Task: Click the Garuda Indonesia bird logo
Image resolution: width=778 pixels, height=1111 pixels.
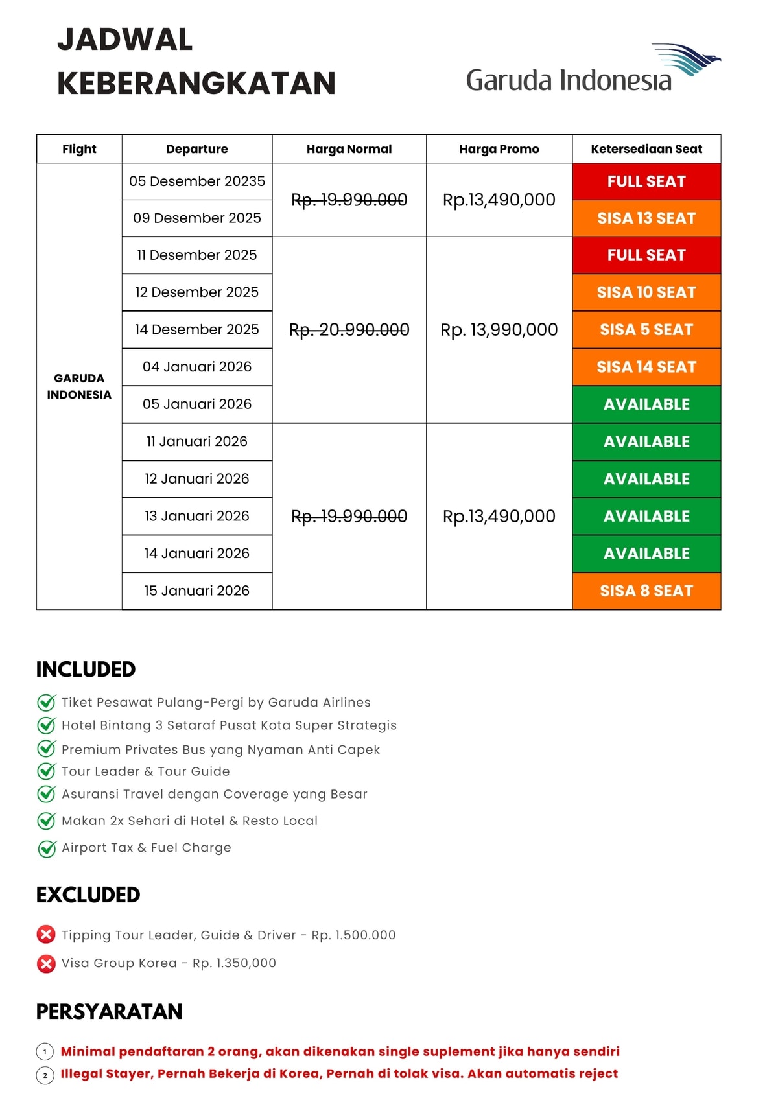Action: point(687,60)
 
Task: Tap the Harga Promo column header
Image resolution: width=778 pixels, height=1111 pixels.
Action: point(499,149)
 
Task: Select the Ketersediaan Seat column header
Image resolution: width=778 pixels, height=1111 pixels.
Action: point(646,149)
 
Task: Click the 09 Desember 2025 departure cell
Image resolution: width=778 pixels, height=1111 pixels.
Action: point(197,218)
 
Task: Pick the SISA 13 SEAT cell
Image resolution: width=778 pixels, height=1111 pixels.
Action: point(646,218)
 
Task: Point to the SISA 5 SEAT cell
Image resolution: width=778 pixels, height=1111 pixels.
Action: point(646,330)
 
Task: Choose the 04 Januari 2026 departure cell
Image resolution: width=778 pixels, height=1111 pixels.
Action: point(197,367)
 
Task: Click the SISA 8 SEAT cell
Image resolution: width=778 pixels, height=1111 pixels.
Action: point(646,591)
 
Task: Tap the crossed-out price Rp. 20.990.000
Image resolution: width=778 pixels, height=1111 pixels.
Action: point(349,330)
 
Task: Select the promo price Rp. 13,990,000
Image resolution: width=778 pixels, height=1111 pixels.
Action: point(499,330)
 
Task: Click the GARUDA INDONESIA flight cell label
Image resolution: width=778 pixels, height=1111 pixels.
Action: point(79,386)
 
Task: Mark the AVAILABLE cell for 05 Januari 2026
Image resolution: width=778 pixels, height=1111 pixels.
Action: point(646,404)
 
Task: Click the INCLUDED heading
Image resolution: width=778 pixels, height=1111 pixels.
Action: point(86,670)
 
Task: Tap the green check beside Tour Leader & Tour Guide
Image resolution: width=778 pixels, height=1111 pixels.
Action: point(47,771)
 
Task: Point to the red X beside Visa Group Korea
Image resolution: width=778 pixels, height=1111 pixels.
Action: point(46,964)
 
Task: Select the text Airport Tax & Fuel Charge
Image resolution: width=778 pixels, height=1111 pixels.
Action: point(146,848)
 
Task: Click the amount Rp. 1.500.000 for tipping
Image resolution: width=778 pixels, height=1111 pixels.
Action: point(353,935)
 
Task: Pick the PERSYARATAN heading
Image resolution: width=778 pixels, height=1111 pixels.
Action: point(109,1012)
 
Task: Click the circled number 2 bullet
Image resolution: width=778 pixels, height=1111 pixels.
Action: point(45,1075)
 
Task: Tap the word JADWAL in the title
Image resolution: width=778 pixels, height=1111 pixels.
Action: point(125,40)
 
